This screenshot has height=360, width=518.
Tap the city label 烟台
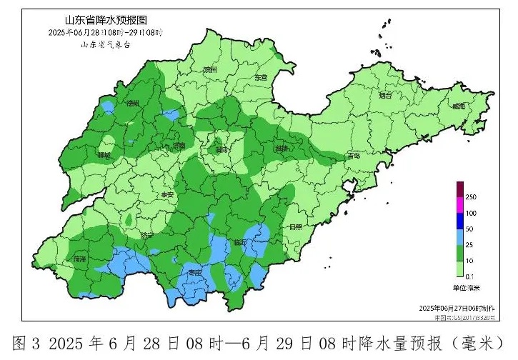click(x=385, y=95)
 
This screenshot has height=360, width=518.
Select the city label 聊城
click(x=105, y=155)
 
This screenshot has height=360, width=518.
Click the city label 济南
click(x=178, y=146)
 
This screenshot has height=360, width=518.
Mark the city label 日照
click(x=295, y=226)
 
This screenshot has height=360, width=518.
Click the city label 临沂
click(x=239, y=243)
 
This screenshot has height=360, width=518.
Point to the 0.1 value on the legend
click(x=471, y=276)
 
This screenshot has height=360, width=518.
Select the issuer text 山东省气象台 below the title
click(x=105, y=44)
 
